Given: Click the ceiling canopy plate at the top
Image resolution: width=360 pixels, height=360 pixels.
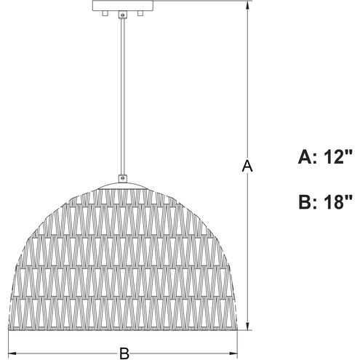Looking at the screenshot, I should [121, 5].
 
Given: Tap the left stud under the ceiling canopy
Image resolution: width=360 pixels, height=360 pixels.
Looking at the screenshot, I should [105, 14].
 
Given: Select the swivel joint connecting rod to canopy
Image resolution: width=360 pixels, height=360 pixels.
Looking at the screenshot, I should [121, 16].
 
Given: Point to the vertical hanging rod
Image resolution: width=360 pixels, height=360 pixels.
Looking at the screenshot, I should [121, 95].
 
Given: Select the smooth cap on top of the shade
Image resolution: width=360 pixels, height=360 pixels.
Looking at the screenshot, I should [121, 183].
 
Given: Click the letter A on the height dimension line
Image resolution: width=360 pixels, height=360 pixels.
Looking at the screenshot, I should [247, 167].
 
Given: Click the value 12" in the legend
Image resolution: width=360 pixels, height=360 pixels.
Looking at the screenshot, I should [337, 156].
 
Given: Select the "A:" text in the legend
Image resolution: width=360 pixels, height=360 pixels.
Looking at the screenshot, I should [308, 156].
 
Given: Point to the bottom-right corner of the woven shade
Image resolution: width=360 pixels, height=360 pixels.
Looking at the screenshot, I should [238, 327].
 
